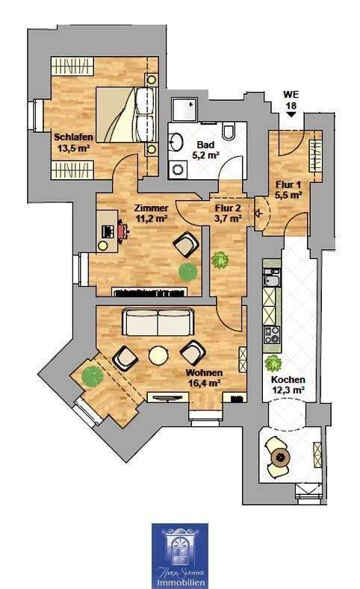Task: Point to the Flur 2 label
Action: pyautogui.click(x=227, y=208)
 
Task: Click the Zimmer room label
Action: pyautogui.click(x=150, y=208)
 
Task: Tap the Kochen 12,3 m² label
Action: pyautogui.click(x=288, y=384)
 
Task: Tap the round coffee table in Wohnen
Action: pyautogui.click(x=158, y=356)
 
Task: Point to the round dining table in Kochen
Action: pyautogui.click(x=279, y=457)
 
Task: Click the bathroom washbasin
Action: pyautogui.click(x=179, y=142)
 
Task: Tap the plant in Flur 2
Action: pyautogui.click(x=220, y=260)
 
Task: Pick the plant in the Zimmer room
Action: pyautogui.click(x=187, y=269)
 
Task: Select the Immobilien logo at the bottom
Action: pyautogui.click(x=179, y=555)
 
